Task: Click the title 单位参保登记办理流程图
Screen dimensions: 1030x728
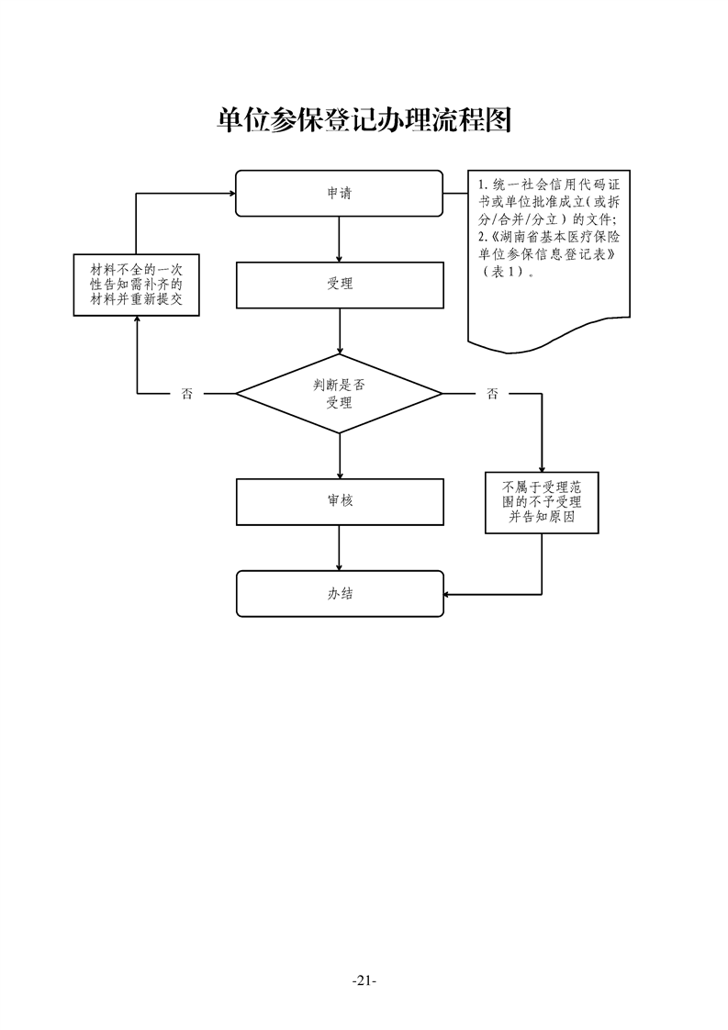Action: [x=364, y=119]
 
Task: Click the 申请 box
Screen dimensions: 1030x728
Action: [x=339, y=194]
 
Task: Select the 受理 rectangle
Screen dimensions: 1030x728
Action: [x=339, y=285]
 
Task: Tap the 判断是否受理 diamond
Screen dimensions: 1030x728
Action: [x=339, y=394]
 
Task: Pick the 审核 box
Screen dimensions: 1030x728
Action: [x=339, y=501]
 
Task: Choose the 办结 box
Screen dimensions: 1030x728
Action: [x=339, y=594]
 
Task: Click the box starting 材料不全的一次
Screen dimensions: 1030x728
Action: [x=137, y=285]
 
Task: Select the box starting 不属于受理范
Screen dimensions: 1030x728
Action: [x=542, y=502]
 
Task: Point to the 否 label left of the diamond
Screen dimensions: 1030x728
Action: [x=187, y=394]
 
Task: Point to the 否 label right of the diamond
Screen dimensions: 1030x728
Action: [x=493, y=394]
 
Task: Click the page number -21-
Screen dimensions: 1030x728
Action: [x=364, y=980]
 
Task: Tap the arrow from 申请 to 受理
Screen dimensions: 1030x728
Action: [x=340, y=239]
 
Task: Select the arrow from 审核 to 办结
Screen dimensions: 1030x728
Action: [x=340, y=547]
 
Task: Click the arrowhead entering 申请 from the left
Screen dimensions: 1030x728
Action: [x=230, y=194]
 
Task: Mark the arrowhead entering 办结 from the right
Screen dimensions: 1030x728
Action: [x=448, y=594]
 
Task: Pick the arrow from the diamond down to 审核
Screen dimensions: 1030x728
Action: [x=340, y=455]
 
